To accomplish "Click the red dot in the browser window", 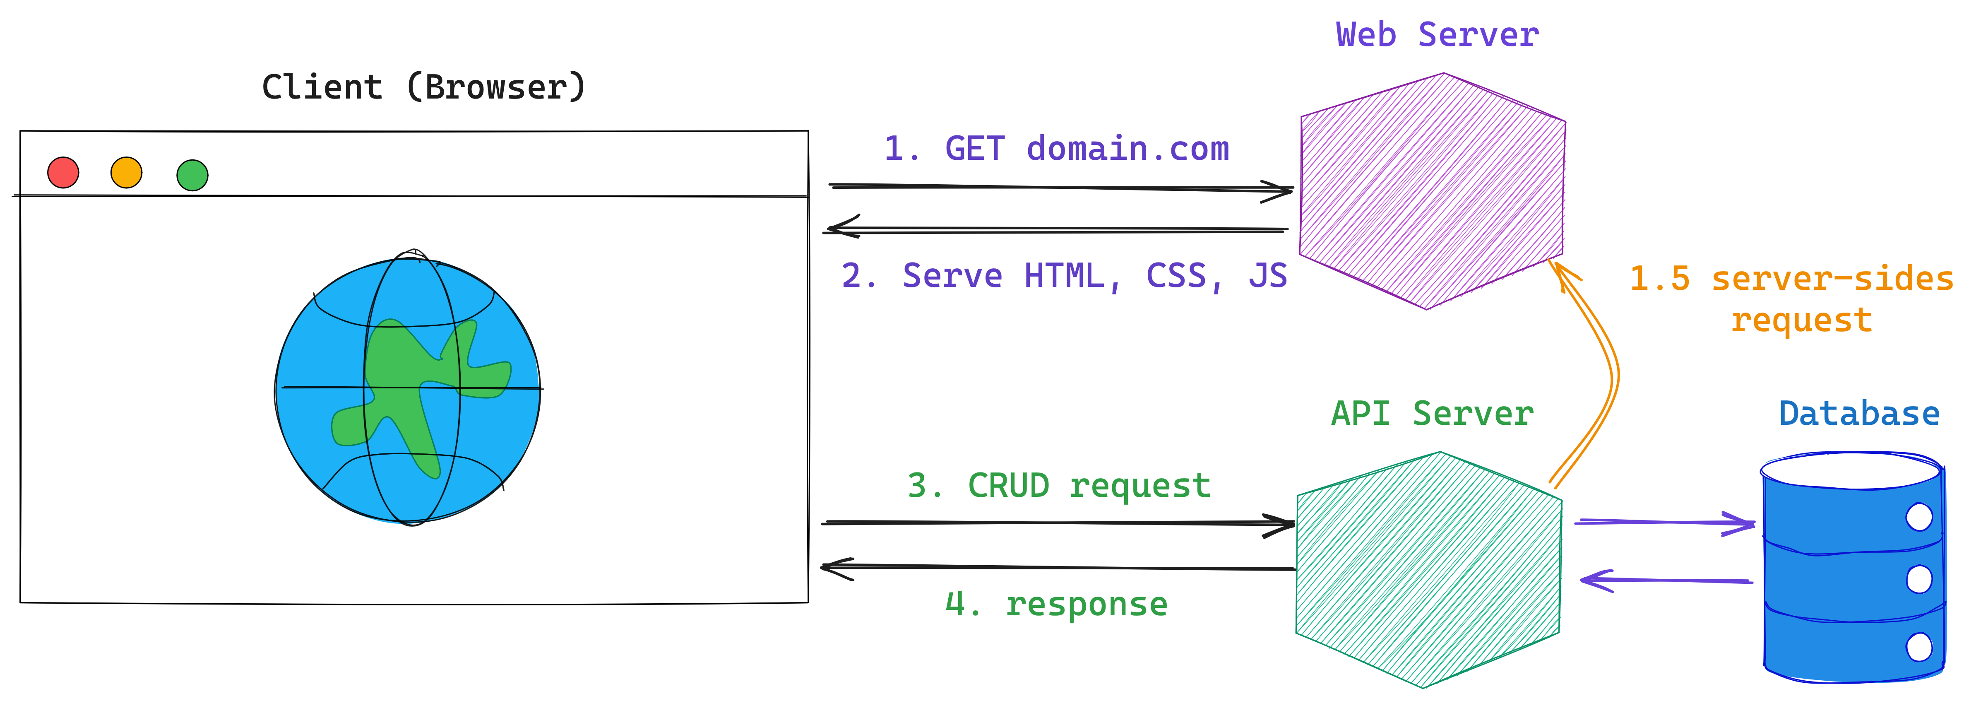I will click(x=63, y=172).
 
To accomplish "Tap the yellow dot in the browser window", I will click(x=127, y=172).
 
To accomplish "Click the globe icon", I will click(x=407, y=391).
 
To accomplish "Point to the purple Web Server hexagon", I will click(x=1433, y=191).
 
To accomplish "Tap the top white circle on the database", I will click(x=1918, y=516).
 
